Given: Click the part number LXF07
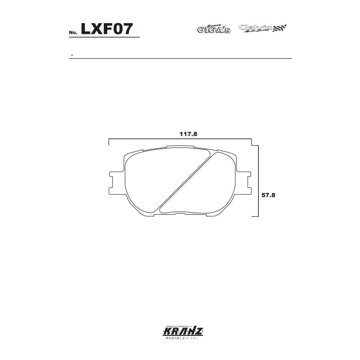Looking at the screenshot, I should [107, 29].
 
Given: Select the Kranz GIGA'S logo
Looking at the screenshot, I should [214, 29].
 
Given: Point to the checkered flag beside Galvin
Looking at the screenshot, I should [280, 28].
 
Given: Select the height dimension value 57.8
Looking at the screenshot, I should [269, 196].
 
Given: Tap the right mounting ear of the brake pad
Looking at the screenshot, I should [245, 180].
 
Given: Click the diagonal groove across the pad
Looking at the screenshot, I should [188, 181].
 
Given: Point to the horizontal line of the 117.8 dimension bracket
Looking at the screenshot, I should [180, 139].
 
